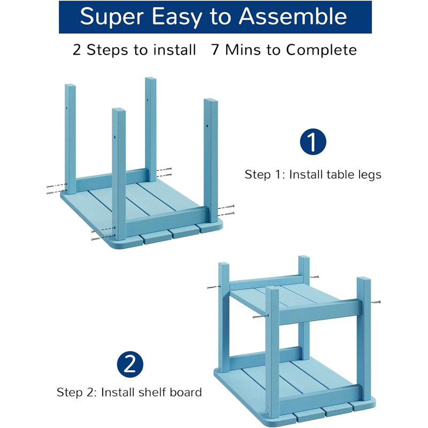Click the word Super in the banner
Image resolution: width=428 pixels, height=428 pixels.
112,18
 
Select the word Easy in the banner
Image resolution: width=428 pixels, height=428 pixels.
177,18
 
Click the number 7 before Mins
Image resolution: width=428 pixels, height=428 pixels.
216,50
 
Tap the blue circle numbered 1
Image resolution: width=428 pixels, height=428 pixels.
313,142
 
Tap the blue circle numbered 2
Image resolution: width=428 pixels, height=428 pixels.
130,364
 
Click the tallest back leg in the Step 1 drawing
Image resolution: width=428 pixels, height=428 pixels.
151,129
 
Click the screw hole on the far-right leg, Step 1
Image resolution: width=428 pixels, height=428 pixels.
207,126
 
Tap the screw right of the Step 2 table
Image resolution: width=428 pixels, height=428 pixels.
376,302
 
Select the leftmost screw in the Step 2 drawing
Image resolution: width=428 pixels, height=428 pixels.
213,287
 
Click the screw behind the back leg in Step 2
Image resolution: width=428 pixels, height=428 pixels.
314,277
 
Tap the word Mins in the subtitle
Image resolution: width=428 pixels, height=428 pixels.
243,50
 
